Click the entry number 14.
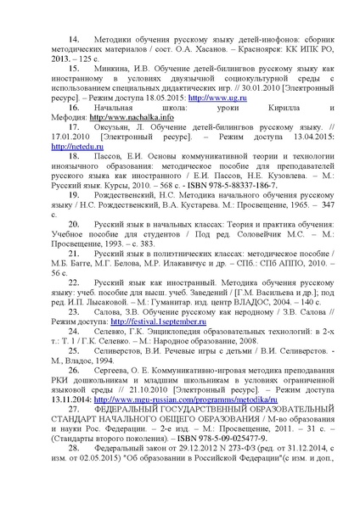point(72,40)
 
